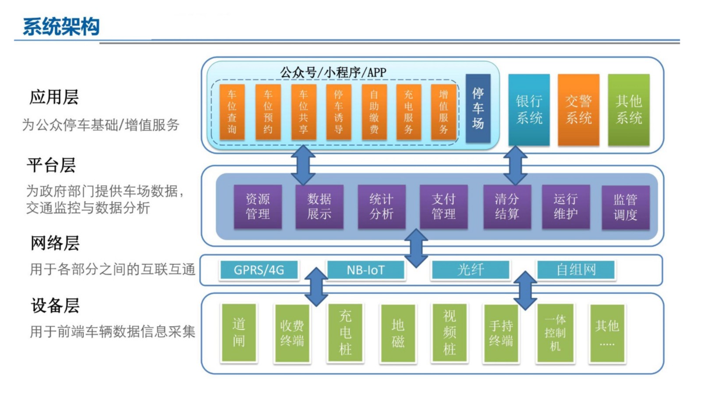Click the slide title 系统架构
click(x=61, y=27)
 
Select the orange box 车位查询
click(x=232, y=112)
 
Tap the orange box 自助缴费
click(x=374, y=112)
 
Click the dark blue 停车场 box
click(x=478, y=108)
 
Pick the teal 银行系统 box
click(x=529, y=110)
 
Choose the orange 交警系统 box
click(x=578, y=110)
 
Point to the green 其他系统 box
click(x=629, y=110)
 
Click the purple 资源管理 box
click(x=258, y=207)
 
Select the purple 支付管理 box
click(x=443, y=207)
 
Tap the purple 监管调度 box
click(x=625, y=208)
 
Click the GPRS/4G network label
click(x=259, y=270)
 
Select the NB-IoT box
click(x=366, y=270)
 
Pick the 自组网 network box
click(x=576, y=269)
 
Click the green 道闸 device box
click(x=239, y=333)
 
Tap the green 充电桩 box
click(x=345, y=333)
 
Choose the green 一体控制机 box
click(x=555, y=333)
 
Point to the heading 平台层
click(x=51, y=165)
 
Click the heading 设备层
click(x=55, y=305)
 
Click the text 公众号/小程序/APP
click(x=333, y=72)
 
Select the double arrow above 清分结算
click(x=515, y=165)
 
